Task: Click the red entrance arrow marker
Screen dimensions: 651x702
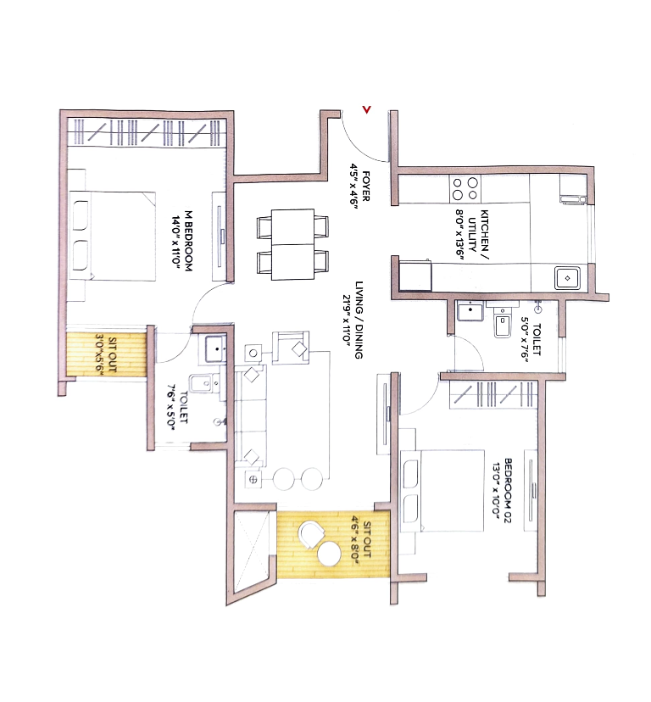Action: coord(367,109)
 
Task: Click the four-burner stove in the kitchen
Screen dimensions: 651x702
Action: coord(465,188)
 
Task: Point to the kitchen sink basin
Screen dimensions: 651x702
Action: coord(567,278)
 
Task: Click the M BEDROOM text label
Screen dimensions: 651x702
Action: coord(188,242)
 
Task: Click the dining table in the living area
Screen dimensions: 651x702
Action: coord(292,244)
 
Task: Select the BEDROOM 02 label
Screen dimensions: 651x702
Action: coord(509,491)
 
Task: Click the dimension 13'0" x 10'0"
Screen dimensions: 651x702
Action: coord(496,490)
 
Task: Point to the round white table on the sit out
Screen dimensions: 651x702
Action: coord(330,554)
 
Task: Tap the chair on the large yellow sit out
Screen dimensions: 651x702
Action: coord(311,535)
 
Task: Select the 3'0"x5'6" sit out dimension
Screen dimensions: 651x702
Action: coord(99,354)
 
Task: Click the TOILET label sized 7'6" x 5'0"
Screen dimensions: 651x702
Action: coord(183,407)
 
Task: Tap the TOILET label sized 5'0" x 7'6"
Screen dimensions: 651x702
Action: coord(537,339)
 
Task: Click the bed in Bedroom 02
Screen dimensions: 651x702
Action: coord(442,491)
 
